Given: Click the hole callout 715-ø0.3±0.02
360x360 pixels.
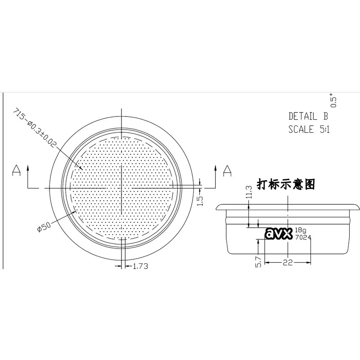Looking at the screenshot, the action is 35,128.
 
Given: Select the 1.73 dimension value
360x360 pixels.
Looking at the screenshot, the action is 140,266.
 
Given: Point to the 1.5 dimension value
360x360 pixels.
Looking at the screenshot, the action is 200,200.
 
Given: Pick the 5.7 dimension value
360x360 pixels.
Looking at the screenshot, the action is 258,262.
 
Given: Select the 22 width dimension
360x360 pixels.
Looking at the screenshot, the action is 288,262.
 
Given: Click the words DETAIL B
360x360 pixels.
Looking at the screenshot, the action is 308,116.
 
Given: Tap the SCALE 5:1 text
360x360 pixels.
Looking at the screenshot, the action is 309,129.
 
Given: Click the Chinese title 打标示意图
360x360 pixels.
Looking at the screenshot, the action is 286,184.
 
